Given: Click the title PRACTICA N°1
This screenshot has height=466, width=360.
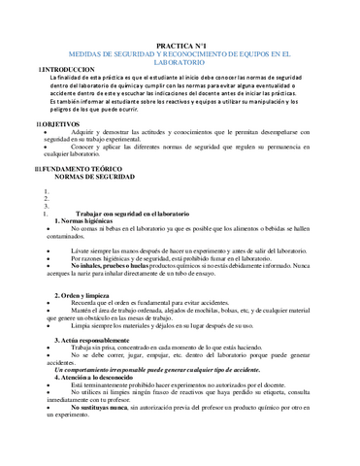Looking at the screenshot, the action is coord(180,45).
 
